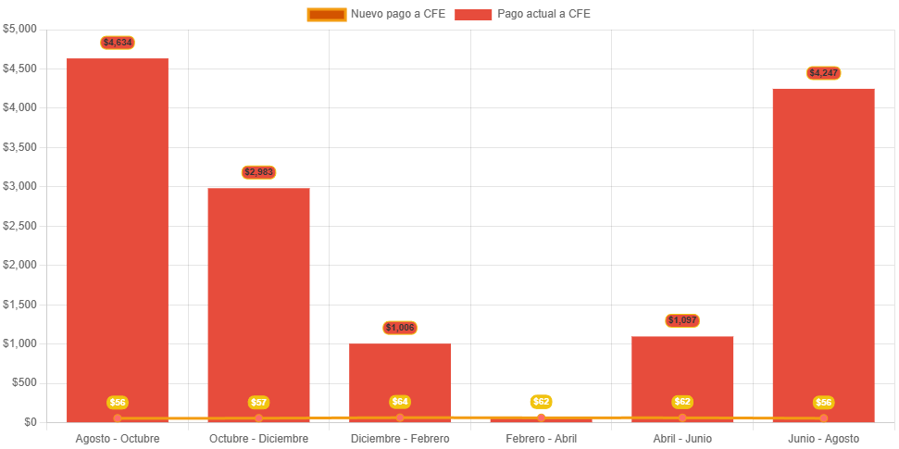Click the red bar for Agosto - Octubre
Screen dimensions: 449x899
(118, 231)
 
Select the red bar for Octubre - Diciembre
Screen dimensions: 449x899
(258, 296)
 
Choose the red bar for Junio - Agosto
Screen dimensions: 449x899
(823, 250)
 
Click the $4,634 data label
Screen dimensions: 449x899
(118, 43)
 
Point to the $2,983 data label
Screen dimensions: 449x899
(258, 172)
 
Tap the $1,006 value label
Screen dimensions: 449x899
(400, 328)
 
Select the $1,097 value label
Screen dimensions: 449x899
(682, 320)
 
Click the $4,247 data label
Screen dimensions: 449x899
(823, 73)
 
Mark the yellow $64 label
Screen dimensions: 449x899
(400, 402)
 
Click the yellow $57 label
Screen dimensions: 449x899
(258, 403)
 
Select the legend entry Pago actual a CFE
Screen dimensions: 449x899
(523, 14)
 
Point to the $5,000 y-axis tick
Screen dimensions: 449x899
(19, 29)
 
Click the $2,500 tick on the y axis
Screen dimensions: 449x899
(19, 225)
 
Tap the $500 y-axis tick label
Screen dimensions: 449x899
(23, 382)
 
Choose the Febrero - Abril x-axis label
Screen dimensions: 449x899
(542, 439)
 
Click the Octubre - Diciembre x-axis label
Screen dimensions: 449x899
(258, 439)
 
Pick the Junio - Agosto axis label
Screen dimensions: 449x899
(823, 439)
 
